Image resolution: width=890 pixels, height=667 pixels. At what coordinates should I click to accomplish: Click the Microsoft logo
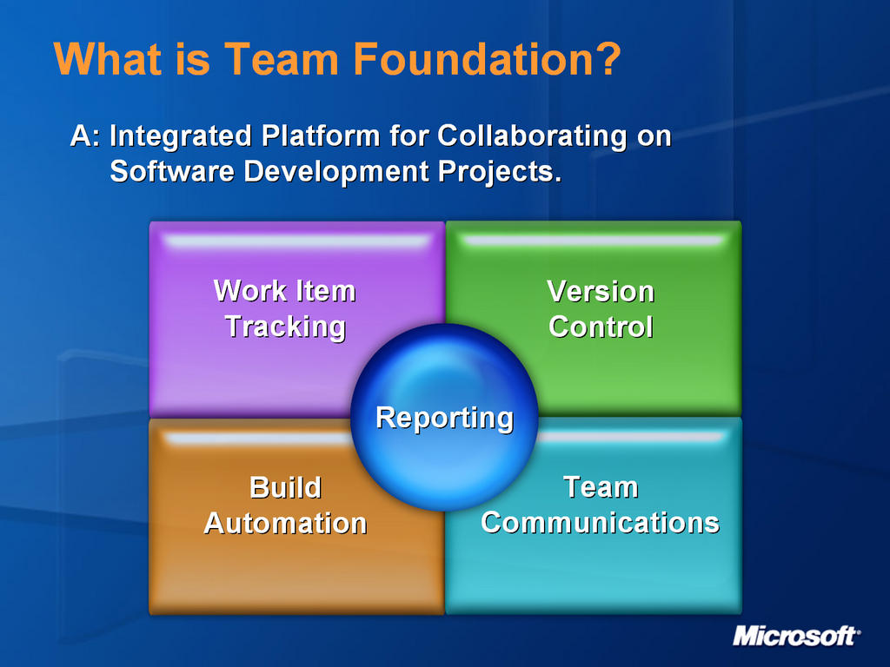pos(796,636)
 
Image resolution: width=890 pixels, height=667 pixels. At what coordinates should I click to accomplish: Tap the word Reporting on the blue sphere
pos(444,419)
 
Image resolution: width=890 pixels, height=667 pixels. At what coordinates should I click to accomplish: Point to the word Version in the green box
pos(601,292)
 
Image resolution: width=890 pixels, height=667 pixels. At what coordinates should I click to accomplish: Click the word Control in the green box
pos(601,327)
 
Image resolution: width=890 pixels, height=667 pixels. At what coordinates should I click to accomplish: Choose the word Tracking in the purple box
pos(285,327)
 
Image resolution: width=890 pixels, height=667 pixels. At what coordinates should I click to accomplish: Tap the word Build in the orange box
pos(285,487)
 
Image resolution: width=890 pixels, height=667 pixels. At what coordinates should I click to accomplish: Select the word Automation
pos(285,523)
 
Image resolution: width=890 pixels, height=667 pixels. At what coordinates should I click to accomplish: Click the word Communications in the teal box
pos(600,522)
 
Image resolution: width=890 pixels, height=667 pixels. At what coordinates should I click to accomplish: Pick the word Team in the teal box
pos(601,487)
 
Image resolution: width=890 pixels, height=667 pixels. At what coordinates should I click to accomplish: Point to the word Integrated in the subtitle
pos(181,137)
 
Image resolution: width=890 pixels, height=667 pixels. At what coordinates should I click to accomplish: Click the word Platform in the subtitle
pos(321,137)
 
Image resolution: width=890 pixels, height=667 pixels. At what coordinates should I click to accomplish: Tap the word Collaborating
pos(532,137)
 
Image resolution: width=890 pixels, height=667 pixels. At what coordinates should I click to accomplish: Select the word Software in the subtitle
pos(172,171)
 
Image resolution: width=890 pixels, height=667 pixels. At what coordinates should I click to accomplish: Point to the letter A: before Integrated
pos(86,136)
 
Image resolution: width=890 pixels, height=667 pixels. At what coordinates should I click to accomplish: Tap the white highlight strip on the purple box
pos(297,241)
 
